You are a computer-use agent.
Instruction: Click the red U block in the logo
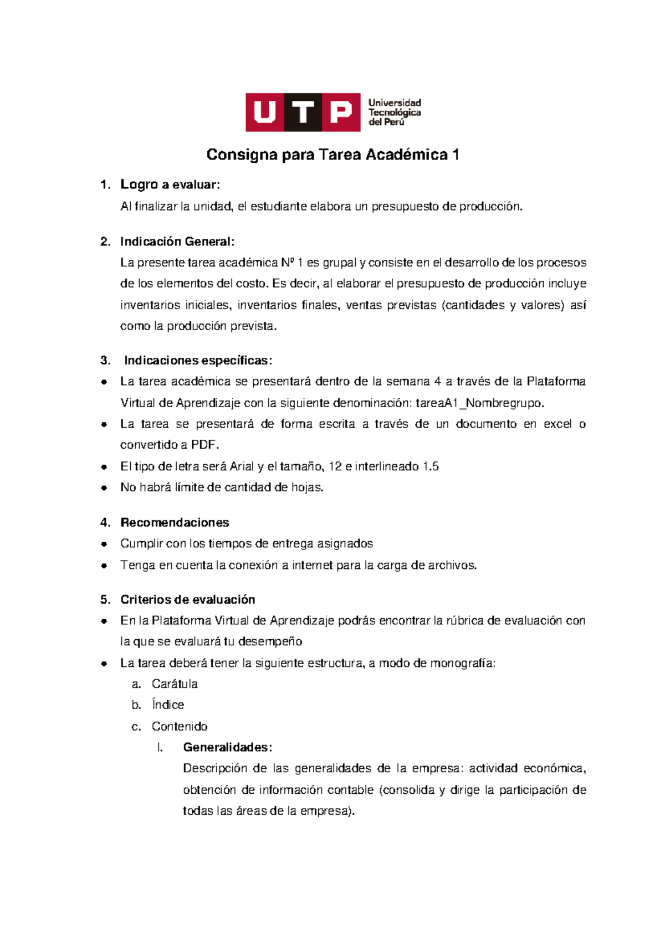coord(264,112)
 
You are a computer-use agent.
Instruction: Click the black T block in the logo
coord(303,112)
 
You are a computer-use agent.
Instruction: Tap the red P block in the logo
coord(341,112)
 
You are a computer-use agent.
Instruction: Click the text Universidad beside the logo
coord(395,103)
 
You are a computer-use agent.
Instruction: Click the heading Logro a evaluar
coord(170,184)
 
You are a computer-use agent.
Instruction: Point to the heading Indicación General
coord(177,242)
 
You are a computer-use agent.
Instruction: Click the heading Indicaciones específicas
coord(198,361)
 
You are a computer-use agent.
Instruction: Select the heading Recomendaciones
coord(175,522)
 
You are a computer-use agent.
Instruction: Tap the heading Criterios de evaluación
coord(188,599)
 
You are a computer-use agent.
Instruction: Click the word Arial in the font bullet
coord(242,466)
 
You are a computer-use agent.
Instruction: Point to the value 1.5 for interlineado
coord(430,466)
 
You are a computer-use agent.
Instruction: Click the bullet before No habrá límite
coord(104,488)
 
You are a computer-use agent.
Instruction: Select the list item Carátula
coord(175,684)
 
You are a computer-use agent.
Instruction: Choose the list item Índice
coord(168,705)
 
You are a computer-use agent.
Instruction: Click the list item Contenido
coord(180,726)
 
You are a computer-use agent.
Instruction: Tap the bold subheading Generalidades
coord(227,747)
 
